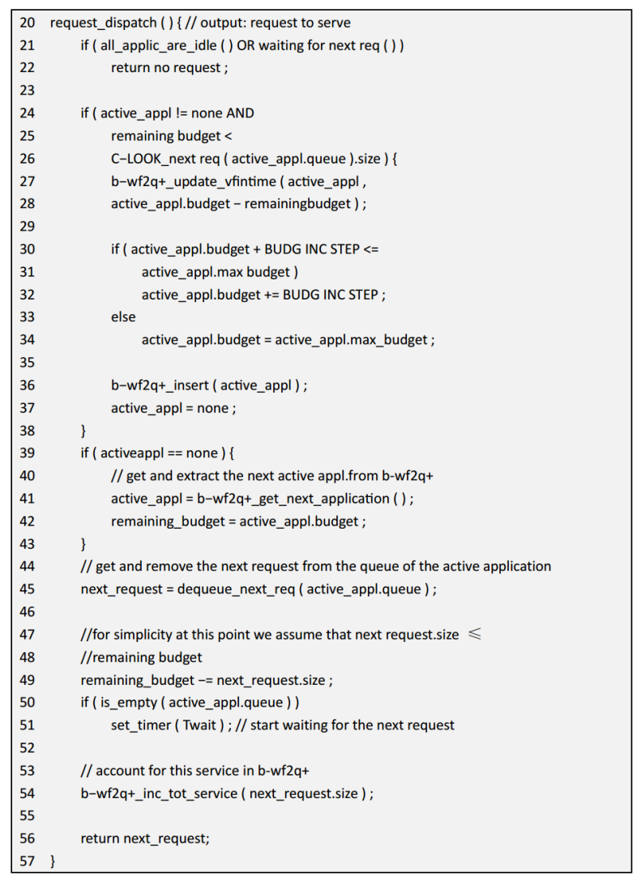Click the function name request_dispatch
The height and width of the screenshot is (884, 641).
[103, 23]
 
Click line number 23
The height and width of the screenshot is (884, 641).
[27, 90]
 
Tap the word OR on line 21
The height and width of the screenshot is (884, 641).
[246, 45]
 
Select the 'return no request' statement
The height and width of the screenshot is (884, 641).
[170, 68]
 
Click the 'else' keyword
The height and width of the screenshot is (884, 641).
[123, 317]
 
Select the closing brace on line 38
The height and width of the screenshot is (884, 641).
[83, 431]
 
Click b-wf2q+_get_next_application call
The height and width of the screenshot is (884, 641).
[293, 499]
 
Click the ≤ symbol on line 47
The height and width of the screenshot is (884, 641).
[475, 634]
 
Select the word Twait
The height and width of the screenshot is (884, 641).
[199, 725]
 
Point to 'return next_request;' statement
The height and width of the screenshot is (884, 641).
[145, 839]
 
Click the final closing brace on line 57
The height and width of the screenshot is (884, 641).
[53, 861]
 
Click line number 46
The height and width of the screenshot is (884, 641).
[27, 612]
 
